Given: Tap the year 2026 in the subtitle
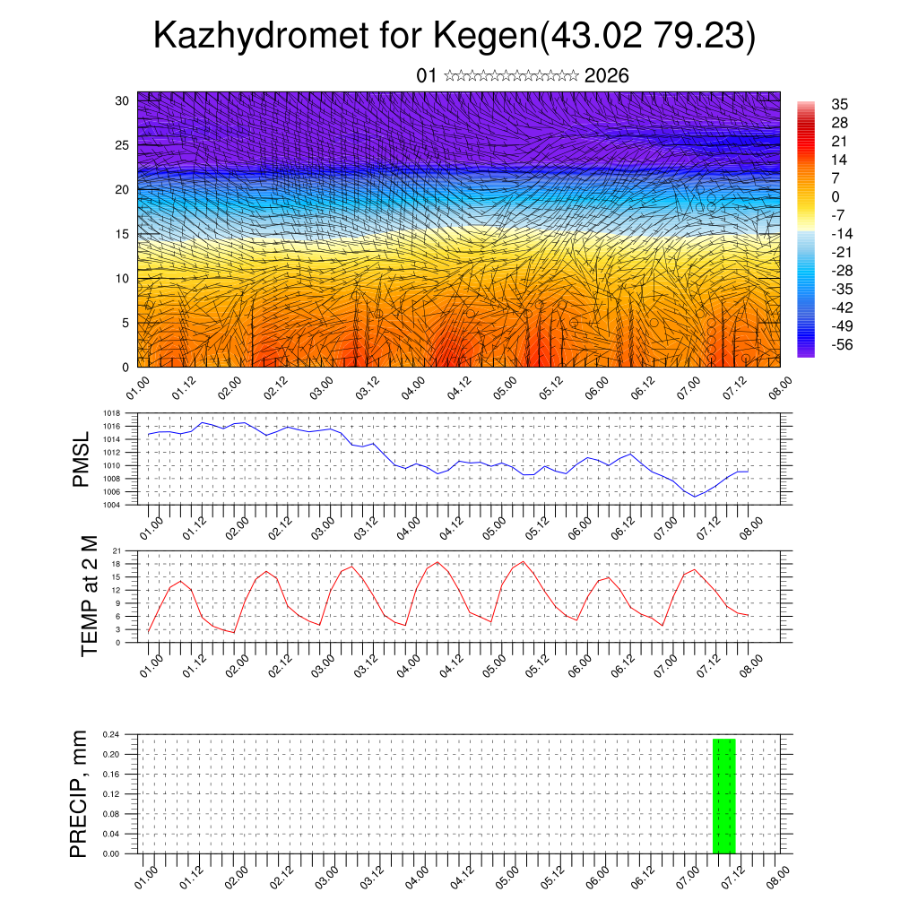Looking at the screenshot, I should click(x=606, y=76).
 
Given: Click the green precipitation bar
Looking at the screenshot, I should click(x=723, y=796).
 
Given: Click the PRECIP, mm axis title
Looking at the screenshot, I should click(x=80, y=793).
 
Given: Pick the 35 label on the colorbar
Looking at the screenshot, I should click(x=840, y=104).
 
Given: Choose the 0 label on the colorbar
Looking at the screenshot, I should click(x=836, y=196).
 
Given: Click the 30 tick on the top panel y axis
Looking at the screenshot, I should click(x=122, y=100).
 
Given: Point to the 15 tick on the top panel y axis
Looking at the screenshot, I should click(x=122, y=234).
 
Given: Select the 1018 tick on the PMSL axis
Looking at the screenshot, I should click(x=111, y=414).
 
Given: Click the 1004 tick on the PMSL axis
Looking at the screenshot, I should click(x=111, y=506).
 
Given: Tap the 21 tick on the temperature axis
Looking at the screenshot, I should click(x=117, y=550).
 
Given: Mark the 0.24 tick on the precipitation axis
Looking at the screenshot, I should click(x=110, y=735).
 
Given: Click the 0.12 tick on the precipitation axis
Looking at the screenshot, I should click(x=110, y=794).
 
